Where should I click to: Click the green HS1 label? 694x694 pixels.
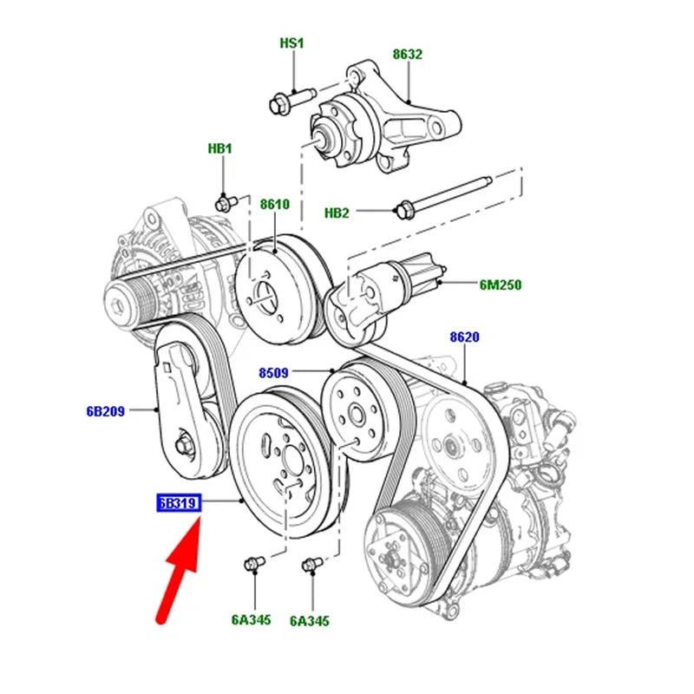pyautogui.click(x=291, y=43)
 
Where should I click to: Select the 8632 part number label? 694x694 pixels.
pyautogui.click(x=407, y=55)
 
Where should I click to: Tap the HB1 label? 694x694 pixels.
pyautogui.click(x=220, y=148)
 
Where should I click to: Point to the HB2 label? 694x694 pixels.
pyautogui.click(x=337, y=213)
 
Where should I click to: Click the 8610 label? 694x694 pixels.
pyautogui.click(x=275, y=204)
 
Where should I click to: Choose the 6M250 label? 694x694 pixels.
pyautogui.click(x=501, y=285)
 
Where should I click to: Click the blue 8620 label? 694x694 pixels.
pyautogui.click(x=464, y=337)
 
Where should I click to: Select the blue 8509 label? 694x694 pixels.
pyautogui.click(x=273, y=373)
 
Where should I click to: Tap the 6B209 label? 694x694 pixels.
pyautogui.click(x=105, y=411)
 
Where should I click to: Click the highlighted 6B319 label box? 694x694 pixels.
pyautogui.click(x=179, y=503)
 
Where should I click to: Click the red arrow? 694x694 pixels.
pyautogui.click(x=180, y=570)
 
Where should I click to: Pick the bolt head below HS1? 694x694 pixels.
pyautogui.click(x=278, y=105)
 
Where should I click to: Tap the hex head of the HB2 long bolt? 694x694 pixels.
pyautogui.click(x=403, y=209)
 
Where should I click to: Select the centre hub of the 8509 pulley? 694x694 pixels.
pyautogui.click(x=357, y=416)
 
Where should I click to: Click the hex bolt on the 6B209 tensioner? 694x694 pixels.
pyautogui.click(x=183, y=445)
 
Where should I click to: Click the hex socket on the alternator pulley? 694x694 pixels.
pyautogui.click(x=118, y=306)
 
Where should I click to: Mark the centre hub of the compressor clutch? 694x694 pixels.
pyautogui.click(x=390, y=560)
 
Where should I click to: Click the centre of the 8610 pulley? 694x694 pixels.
pyautogui.click(x=264, y=294)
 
